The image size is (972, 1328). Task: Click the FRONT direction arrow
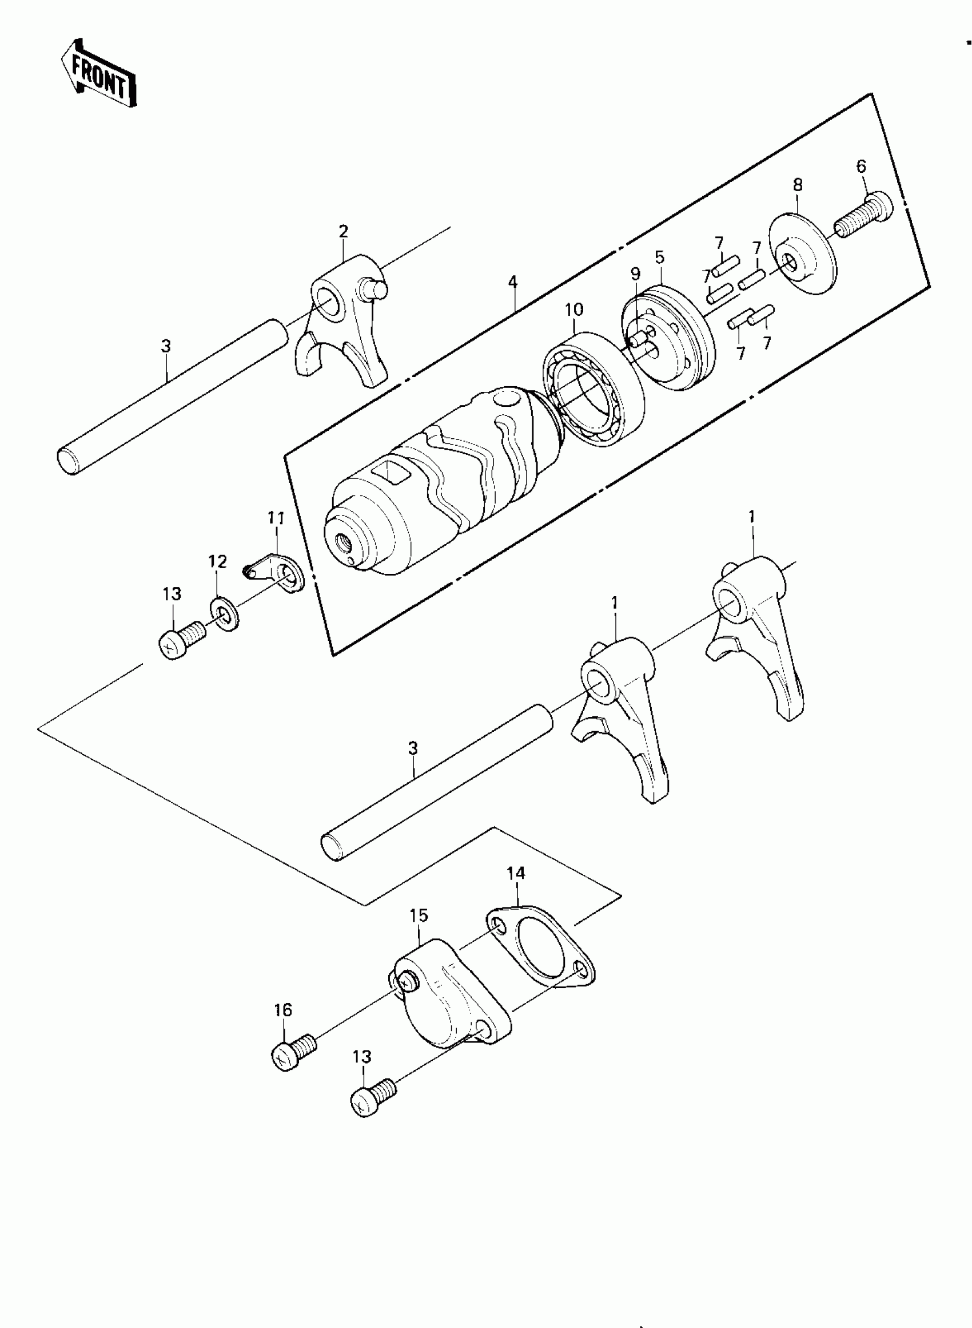(x=99, y=75)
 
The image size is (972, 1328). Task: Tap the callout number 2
(x=344, y=231)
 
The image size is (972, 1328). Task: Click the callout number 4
(x=513, y=282)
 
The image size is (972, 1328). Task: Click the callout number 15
(x=419, y=915)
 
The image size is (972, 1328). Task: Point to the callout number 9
(x=635, y=273)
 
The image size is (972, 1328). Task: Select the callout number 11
(x=276, y=518)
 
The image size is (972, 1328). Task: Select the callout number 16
(x=283, y=1009)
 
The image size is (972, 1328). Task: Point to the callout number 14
(x=515, y=873)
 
